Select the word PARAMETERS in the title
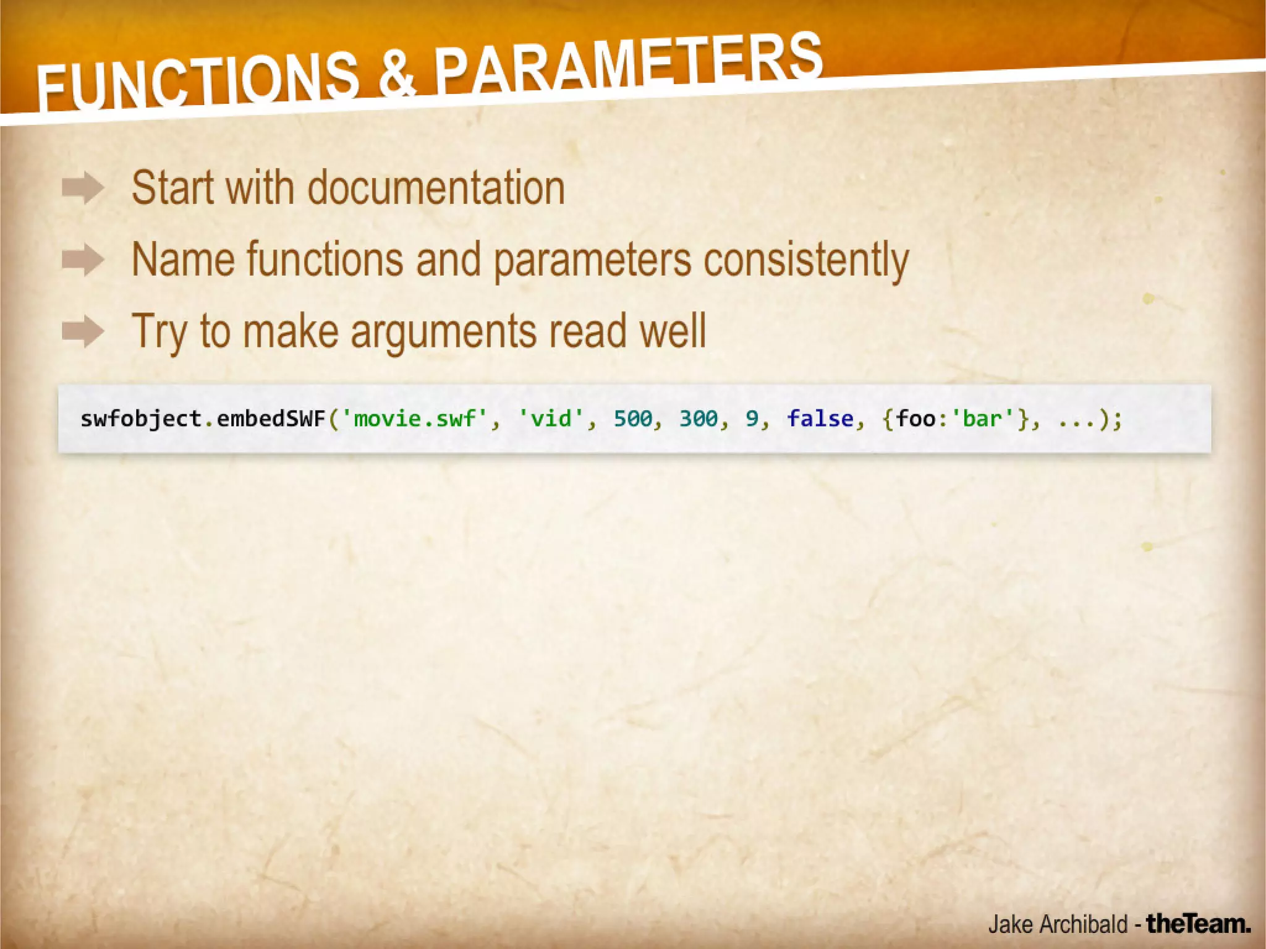point(627,62)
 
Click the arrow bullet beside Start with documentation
point(83,188)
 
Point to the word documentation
point(436,188)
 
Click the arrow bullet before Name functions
point(83,260)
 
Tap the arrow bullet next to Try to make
point(83,331)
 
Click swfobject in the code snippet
point(141,419)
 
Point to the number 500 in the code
point(632,419)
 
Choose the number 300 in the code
point(699,419)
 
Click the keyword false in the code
point(820,419)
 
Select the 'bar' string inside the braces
point(982,419)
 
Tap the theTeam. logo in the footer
point(1198,924)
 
